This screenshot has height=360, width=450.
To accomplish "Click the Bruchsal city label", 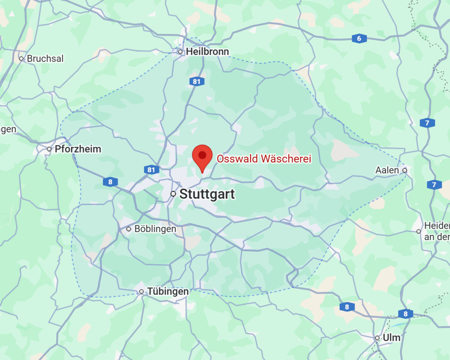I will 45,58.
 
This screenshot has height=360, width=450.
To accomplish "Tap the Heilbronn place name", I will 207,52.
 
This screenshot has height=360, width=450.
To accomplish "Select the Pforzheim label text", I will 78,149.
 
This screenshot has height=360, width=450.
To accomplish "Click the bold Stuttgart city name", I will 207,194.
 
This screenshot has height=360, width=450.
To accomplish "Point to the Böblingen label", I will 155,229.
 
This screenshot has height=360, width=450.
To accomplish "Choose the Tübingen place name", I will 168,291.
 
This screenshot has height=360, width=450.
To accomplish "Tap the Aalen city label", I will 387,170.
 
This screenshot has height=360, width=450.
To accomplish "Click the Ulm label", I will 392,338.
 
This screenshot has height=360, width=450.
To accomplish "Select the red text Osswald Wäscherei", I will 264,159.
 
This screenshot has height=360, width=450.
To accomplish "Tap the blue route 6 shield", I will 359,39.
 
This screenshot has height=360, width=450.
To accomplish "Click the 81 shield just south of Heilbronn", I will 197,81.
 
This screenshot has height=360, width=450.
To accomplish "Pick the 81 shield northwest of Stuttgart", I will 151,170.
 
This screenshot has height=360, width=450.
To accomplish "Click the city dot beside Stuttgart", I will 174,193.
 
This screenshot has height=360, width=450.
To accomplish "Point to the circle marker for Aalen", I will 405,170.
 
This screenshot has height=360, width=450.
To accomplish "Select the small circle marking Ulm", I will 377,338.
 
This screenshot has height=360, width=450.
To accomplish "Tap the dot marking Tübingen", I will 142,291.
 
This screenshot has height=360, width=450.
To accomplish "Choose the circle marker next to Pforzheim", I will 49,149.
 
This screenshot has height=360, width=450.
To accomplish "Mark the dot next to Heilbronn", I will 180,52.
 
